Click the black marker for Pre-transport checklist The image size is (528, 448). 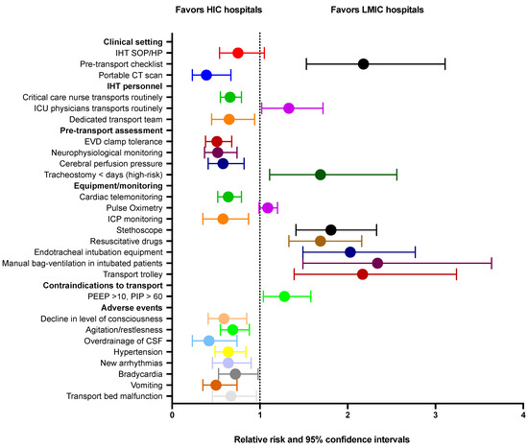pos(363,64)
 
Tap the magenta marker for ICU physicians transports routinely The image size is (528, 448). pos(289,108)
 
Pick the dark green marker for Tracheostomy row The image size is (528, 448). pos(321,175)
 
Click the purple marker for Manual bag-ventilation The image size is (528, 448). pos(377,263)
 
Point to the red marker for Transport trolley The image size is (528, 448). pos(362,274)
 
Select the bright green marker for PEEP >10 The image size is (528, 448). pos(284,296)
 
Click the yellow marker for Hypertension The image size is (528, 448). pos(228,352)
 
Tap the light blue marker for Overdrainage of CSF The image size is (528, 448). pos(209,341)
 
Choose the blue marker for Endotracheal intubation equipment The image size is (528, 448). pos(350,252)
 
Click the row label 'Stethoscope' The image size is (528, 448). pos(138,230)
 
